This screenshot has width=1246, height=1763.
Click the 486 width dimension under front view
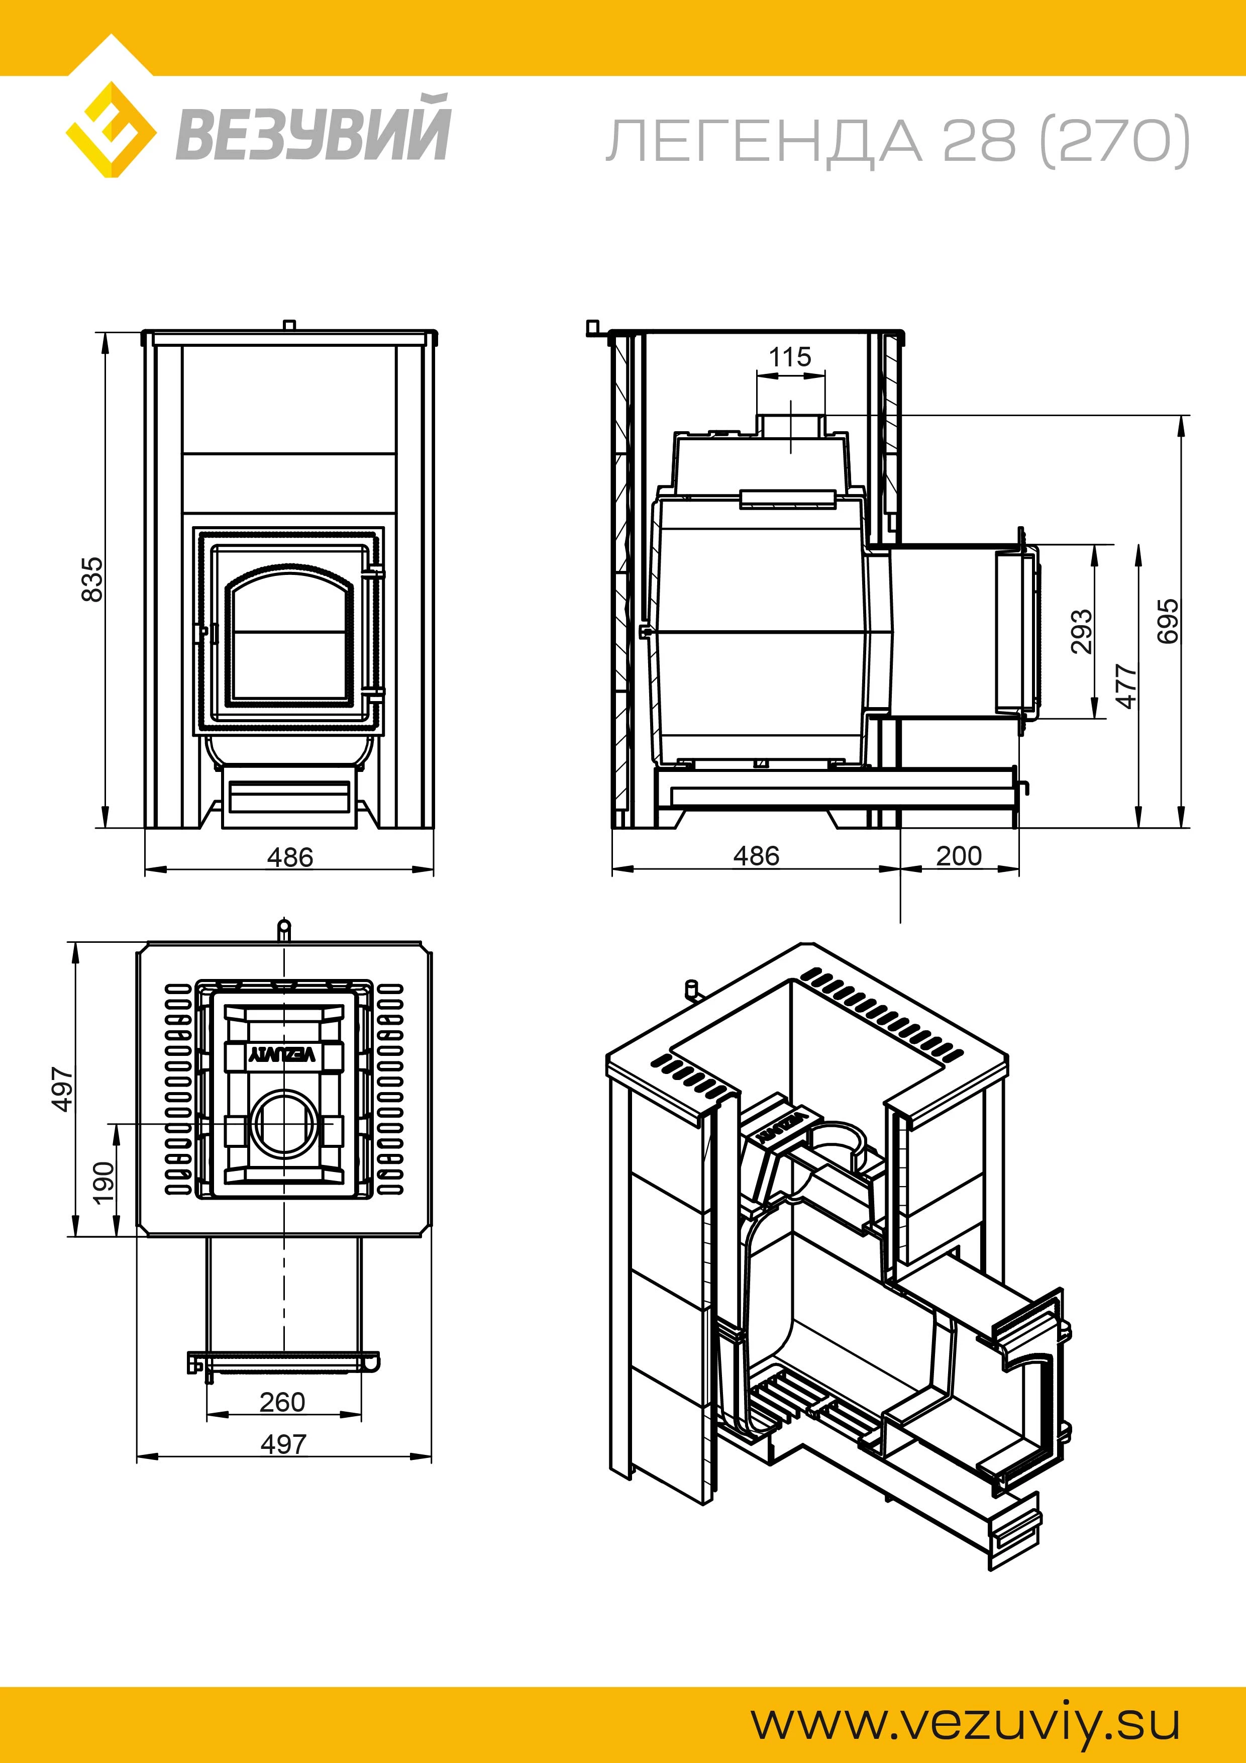[x=290, y=857]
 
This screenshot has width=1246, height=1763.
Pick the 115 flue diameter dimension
[x=790, y=357]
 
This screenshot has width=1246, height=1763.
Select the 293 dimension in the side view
[x=1081, y=631]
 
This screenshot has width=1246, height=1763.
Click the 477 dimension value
[x=1125, y=685]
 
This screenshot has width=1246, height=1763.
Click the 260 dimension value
[x=282, y=1402]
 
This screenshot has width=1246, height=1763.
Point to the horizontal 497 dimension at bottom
[x=283, y=1444]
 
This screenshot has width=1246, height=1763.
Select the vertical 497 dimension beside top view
[x=61, y=1088]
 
